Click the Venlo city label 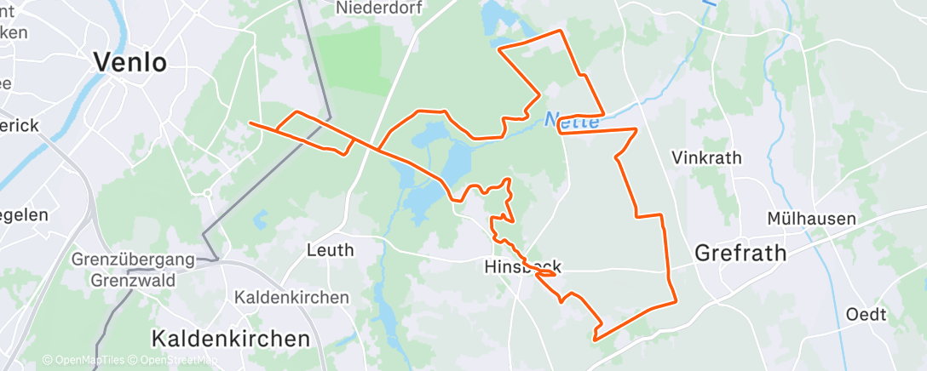click(x=130, y=62)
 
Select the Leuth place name click(x=331, y=250)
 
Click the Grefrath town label click(x=740, y=253)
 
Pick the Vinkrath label click(x=706, y=158)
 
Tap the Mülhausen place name click(x=810, y=219)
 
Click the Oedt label click(x=866, y=315)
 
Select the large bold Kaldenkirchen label click(x=230, y=338)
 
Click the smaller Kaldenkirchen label click(x=291, y=298)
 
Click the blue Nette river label click(x=572, y=122)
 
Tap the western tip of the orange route click(x=250, y=123)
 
